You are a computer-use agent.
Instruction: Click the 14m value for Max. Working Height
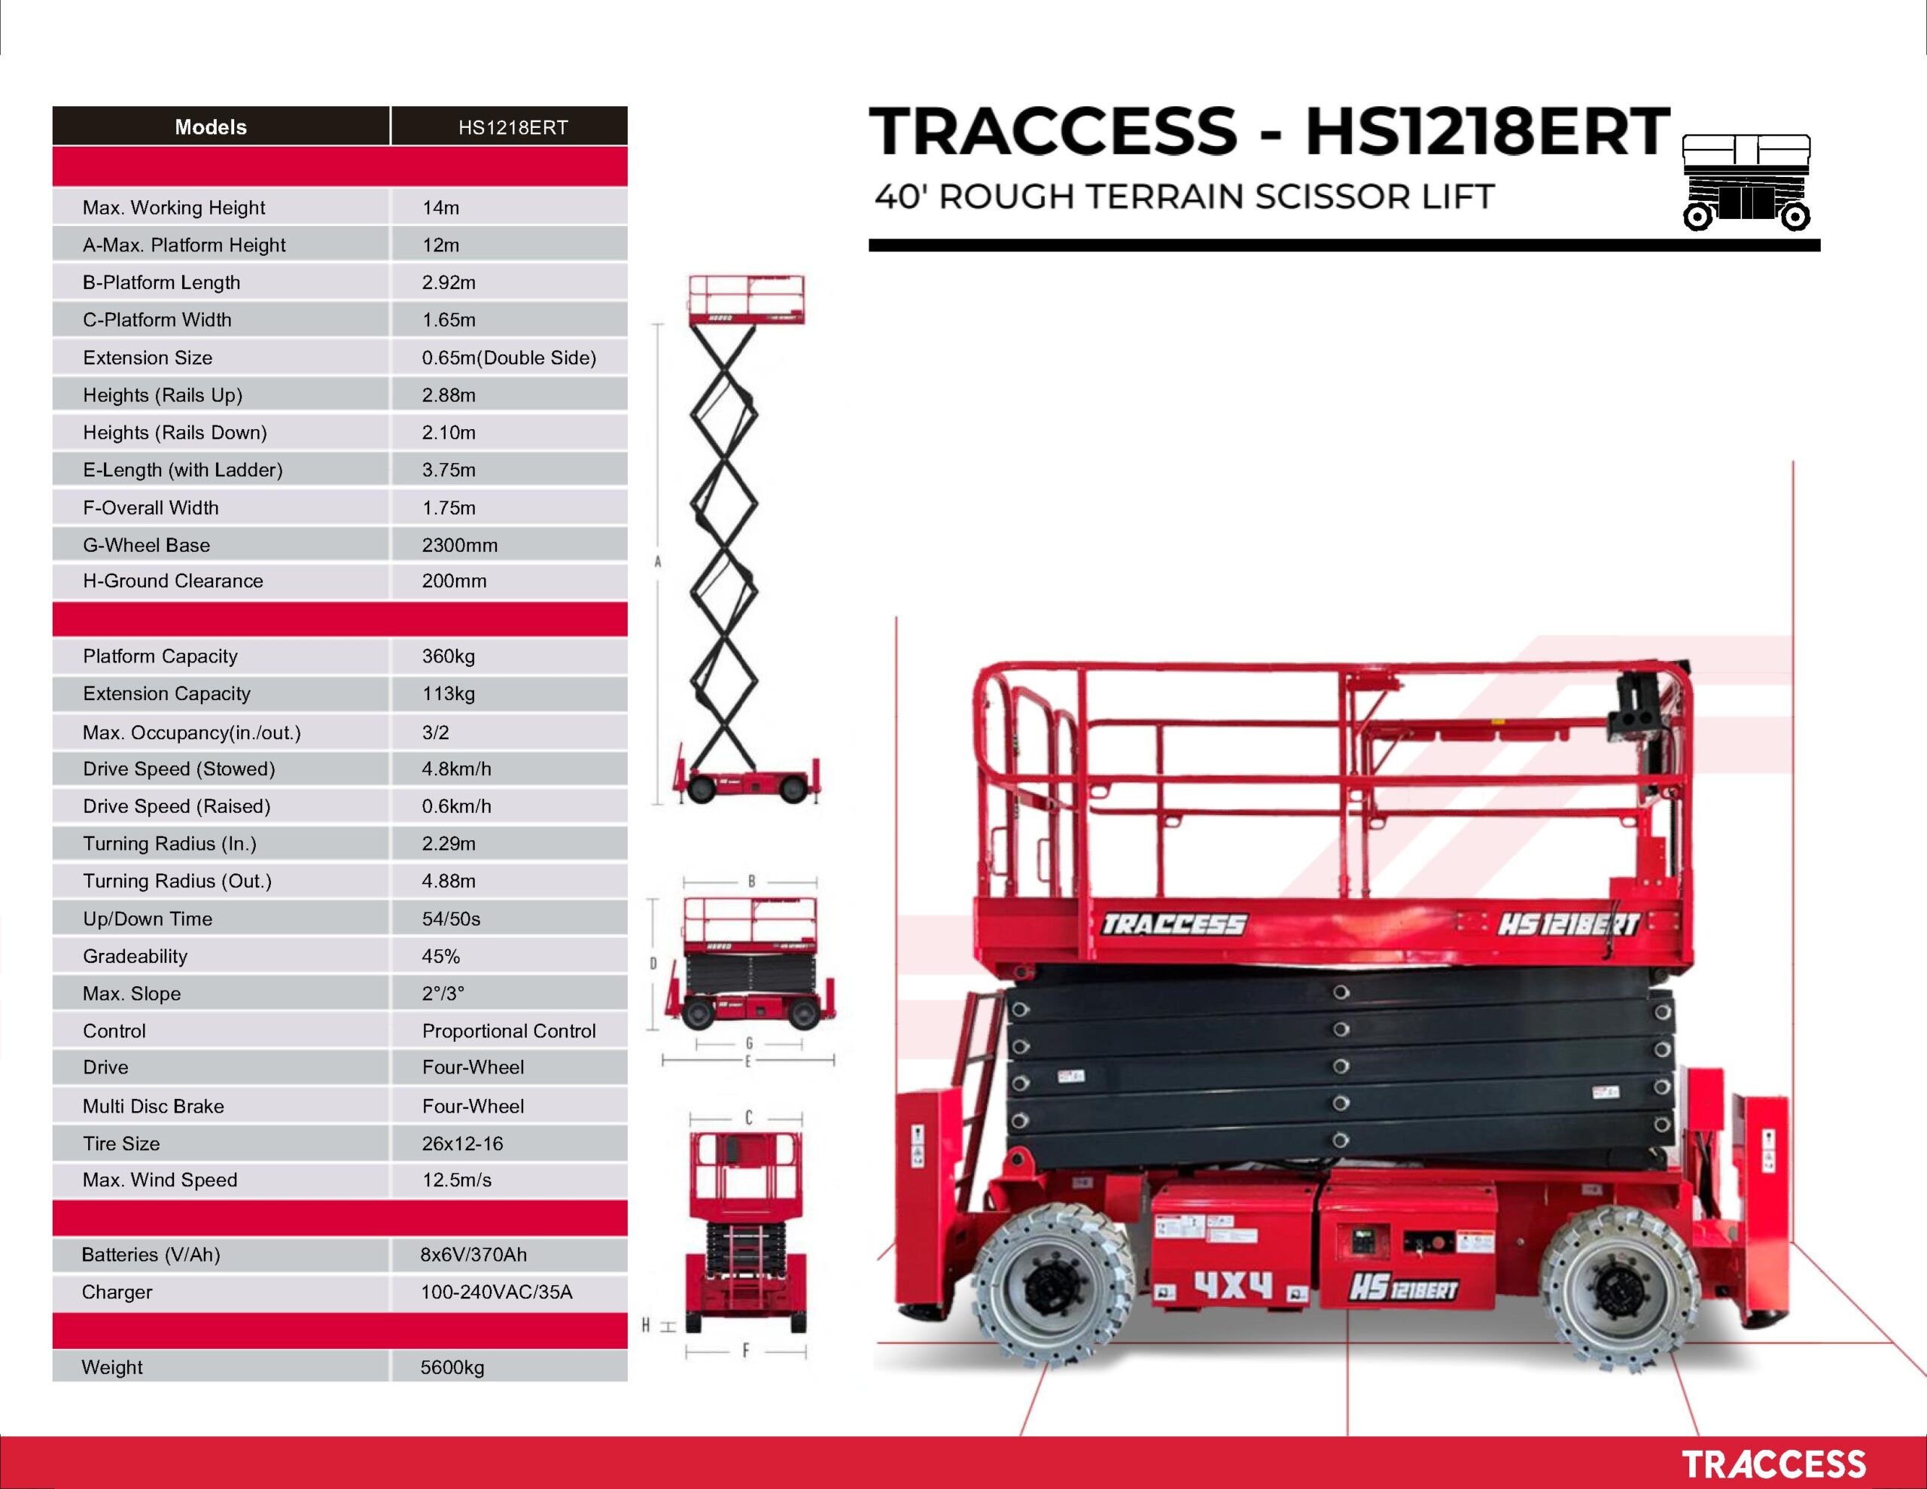(440, 208)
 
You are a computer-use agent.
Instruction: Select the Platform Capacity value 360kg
(448, 656)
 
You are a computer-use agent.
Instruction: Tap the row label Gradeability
(135, 956)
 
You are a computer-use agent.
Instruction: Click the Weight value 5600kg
(452, 1367)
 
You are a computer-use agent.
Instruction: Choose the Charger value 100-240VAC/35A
(496, 1293)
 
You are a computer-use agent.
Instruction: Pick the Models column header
(211, 127)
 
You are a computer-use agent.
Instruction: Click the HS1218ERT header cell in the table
(513, 127)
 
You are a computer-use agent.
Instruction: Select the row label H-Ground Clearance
(173, 581)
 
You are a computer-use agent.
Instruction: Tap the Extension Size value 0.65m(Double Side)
(509, 358)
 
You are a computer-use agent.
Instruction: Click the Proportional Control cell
(509, 1031)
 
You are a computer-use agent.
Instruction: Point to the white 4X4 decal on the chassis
(1234, 1285)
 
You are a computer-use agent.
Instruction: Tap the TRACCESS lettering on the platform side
(1174, 924)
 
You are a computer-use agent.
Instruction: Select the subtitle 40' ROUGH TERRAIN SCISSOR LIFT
(1184, 196)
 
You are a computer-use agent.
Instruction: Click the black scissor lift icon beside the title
(1747, 183)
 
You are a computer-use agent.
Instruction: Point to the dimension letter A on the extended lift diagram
(657, 562)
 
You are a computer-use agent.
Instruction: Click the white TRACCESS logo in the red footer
(1773, 1464)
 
